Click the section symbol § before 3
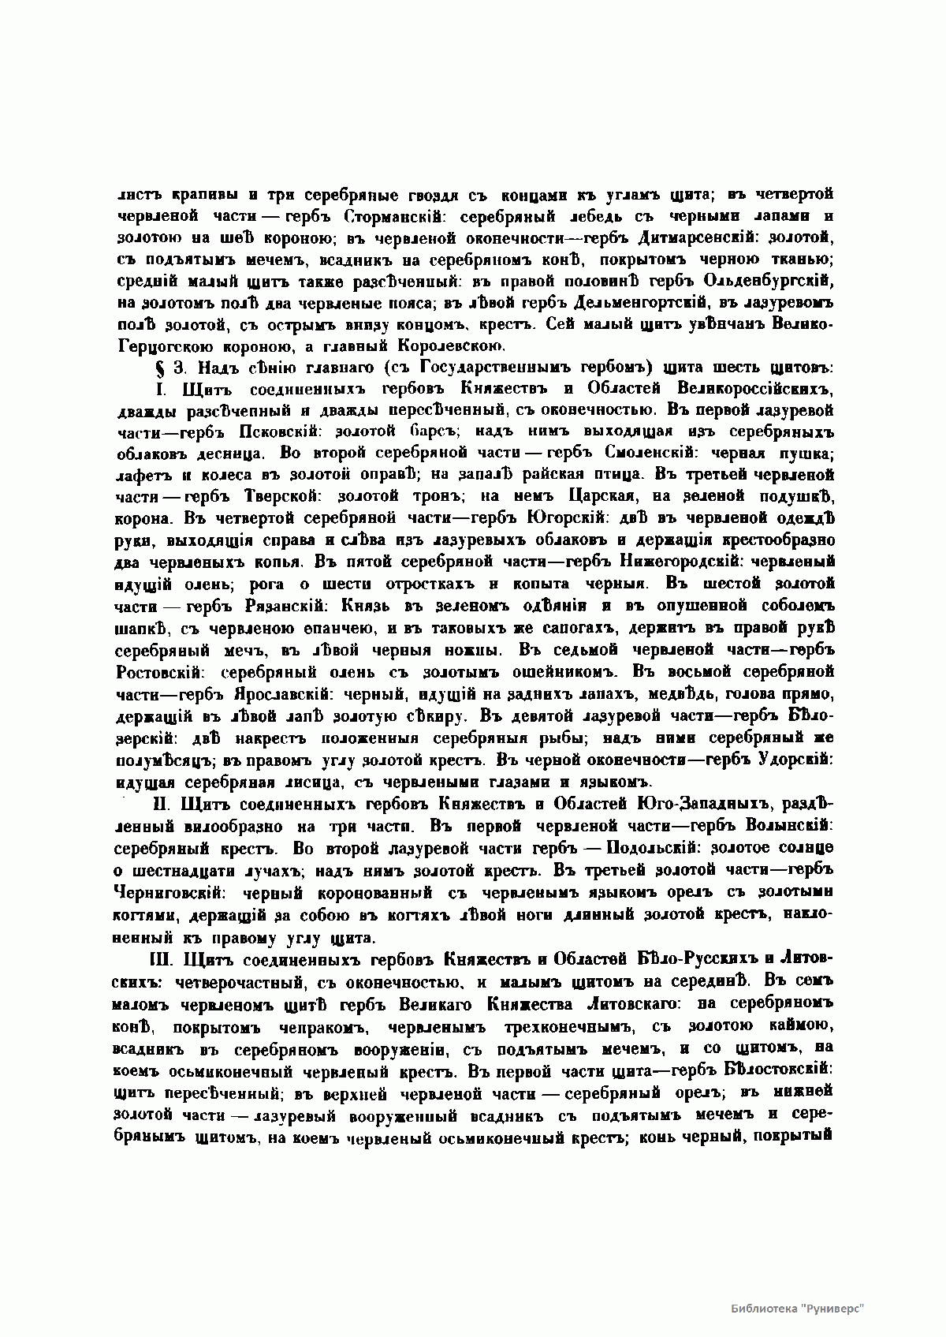click(x=155, y=367)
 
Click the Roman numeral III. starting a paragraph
click(x=160, y=959)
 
